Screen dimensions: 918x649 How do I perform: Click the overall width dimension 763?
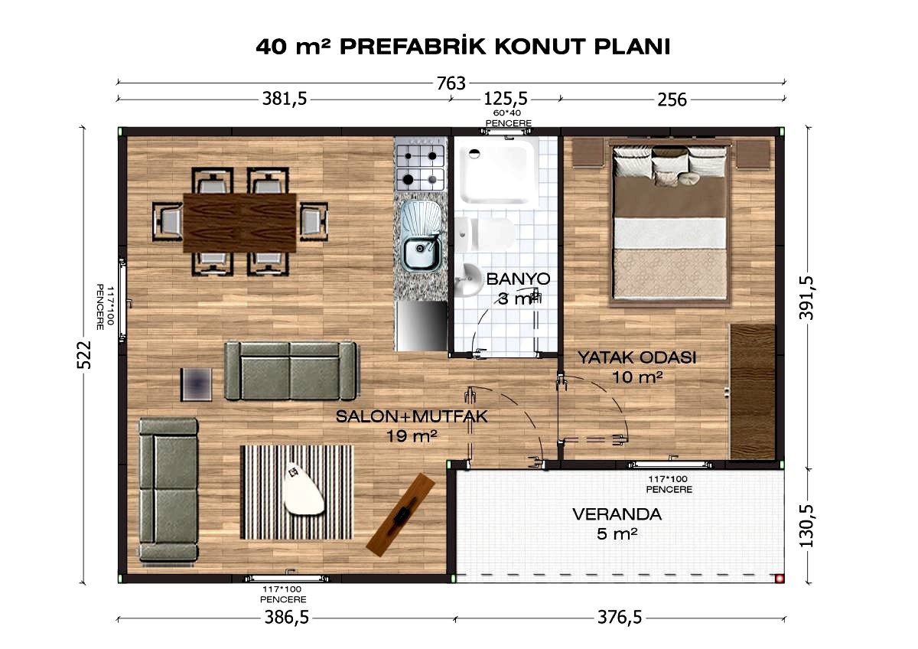(x=451, y=83)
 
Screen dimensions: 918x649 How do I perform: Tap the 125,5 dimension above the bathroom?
(x=506, y=99)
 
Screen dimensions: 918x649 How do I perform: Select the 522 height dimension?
(x=84, y=354)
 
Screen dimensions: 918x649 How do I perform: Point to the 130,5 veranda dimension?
(x=806, y=526)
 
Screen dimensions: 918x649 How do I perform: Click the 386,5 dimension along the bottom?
(x=286, y=617)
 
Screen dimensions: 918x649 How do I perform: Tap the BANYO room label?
(x=518, y=279)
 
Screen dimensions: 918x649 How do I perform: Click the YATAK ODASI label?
(x=636, y=357)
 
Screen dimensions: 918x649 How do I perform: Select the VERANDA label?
(x=617, y=514)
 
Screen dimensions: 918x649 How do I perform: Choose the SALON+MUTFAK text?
(x=412, y=416)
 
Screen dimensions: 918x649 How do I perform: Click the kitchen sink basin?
(x=421, y=253)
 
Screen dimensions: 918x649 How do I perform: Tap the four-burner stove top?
(x=420, y=168)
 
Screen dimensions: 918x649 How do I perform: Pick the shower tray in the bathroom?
(x=498, y=174)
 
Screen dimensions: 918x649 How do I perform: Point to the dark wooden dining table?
(x=239, y=222)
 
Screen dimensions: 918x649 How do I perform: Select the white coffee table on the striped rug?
(x=302, y=488)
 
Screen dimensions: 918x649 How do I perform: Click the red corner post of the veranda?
(x=780, y=579)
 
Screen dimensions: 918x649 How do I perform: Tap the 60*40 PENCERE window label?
(x=508, y=118)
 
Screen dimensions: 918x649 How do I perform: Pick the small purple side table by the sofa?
(x=197, y=384)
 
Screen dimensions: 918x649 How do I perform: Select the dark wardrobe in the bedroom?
(x=753, y=392)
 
